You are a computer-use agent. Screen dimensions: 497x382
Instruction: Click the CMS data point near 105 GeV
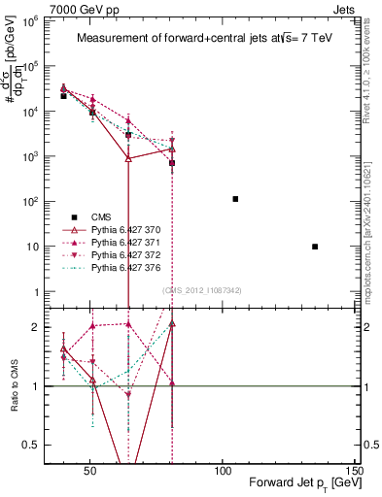[235, 199]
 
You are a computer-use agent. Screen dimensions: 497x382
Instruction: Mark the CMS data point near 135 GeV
[315, 247]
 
